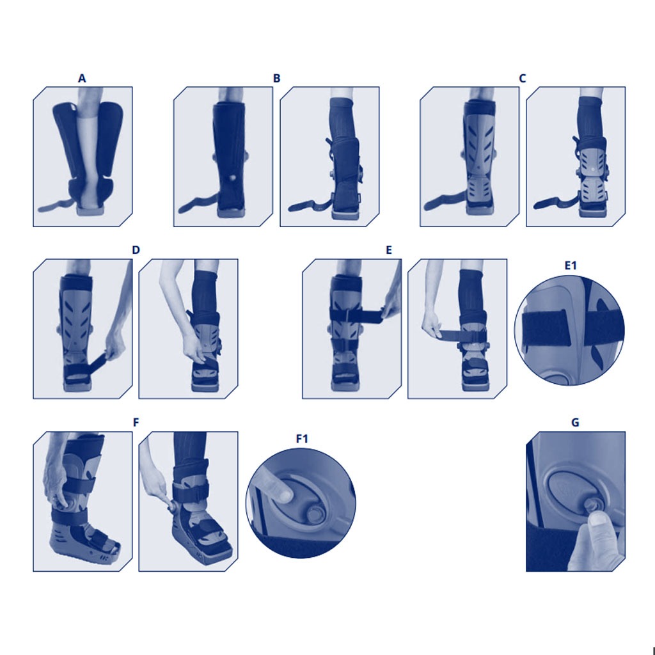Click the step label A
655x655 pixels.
click(x=82, y=79)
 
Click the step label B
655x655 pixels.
click(x=276, y=79)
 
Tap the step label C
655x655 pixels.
click(x=523, y=79)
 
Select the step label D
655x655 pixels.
click(x=136, y=250)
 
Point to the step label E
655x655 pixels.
click(x=389, y=250)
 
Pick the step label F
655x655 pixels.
click(x=136, y=423)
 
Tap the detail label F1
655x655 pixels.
click(x=302, y=439)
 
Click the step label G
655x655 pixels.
click(x=575, y=423)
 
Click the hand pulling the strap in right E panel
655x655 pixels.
click(x=432, y=327)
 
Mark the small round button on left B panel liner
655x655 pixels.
click(x=232, y=177)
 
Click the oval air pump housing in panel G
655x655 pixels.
click(x=563, y=489)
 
